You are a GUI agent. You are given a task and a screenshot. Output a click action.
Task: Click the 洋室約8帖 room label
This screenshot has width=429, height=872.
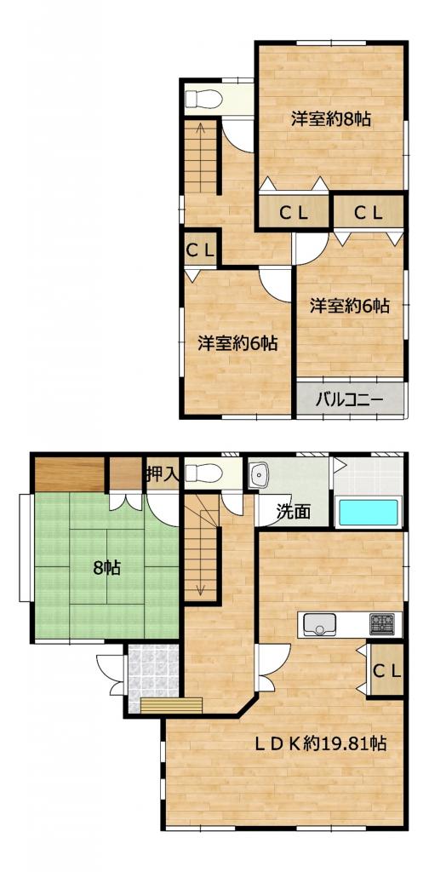330,119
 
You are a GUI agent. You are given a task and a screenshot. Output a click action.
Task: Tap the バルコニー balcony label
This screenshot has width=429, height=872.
349,399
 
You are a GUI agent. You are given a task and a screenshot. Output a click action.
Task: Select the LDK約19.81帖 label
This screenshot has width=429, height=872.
321,743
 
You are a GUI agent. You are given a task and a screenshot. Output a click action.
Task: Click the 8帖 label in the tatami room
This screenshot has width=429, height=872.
107,568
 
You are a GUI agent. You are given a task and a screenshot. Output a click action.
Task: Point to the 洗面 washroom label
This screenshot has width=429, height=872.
294,511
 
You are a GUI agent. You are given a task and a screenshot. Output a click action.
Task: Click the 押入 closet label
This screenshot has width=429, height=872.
162,474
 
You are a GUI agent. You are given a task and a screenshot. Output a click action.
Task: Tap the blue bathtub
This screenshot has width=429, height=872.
369,512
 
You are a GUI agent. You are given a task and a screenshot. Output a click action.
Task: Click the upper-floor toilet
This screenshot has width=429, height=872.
204,100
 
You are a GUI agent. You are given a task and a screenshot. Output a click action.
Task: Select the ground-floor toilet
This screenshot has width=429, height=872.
204,473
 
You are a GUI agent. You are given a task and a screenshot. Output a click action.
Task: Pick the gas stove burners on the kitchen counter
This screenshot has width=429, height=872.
382,624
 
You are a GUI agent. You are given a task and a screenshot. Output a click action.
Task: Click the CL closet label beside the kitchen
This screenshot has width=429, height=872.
386,671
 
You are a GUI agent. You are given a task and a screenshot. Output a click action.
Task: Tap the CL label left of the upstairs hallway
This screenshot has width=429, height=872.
199,250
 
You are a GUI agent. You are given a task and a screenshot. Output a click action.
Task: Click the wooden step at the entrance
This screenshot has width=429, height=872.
171,705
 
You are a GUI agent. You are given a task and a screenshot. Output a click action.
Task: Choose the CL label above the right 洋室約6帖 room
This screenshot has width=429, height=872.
368,211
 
